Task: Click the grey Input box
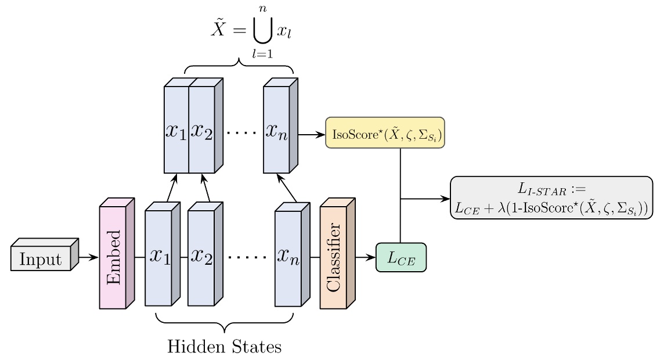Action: pos(41,258)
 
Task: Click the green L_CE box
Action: pos(401,258)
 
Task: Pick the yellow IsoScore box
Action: pos(385,133)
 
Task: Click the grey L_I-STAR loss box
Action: pos(551,198)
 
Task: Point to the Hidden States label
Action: pos(224,347)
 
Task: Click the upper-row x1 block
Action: pos(176,130)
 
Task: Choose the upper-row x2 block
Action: pos(202,130)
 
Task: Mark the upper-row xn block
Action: pos(276,130)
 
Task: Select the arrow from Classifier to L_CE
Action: pos(365,257)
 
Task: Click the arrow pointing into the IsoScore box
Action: pos(312,135)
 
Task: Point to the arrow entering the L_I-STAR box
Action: pos(427,199)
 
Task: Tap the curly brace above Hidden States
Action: pos(224,322)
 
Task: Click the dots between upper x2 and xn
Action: pos(239,133)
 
